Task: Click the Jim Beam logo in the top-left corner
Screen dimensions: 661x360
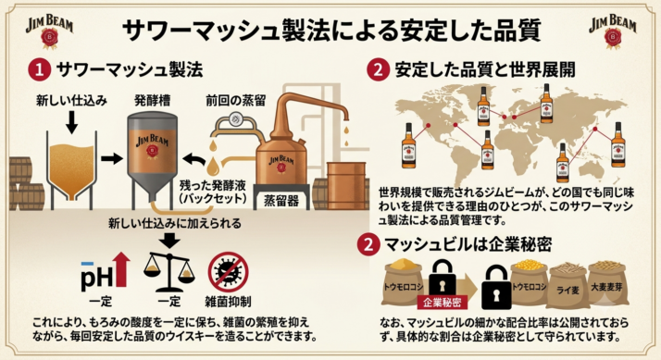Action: pyautogui.click(x=49, y=31)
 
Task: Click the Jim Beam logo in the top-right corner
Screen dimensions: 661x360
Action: pyautogui.click(x=613, y=31)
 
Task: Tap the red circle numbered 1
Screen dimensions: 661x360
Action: pyautogui.click(x=40, y=69)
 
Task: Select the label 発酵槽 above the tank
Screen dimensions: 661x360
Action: pyautogui.click(x=152, y=100)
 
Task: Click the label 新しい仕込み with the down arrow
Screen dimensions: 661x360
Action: pyautogui.click(x=71, y=100)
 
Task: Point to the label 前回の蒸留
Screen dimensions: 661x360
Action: pyautogui.click(x=236, y=100)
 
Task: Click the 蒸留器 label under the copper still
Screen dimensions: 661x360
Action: pyautogui.click(x=281, y=200)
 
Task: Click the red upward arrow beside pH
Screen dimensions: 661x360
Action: pyautogui.click(x=122, y=269)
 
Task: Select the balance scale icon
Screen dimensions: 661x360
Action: pyautogui.click(x=169, y=272)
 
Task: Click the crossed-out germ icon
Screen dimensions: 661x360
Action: pyautogui.click(x=228, y=272)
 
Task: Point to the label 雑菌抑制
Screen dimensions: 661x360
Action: pyautogui.click(x=228, y=302)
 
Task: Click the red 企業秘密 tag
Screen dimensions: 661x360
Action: pyautogui.click(x=443, y=302)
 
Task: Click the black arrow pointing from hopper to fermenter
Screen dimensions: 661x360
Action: pyautogui.click(x=111, y=158)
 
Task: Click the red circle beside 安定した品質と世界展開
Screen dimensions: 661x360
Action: pyautogui.click(x=378, y=69)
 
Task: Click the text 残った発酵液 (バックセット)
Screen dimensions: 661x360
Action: pyautogui.click(x=213, y=192)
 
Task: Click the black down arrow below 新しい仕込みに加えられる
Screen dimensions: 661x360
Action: pyautogui.click(x=170, y=241)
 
